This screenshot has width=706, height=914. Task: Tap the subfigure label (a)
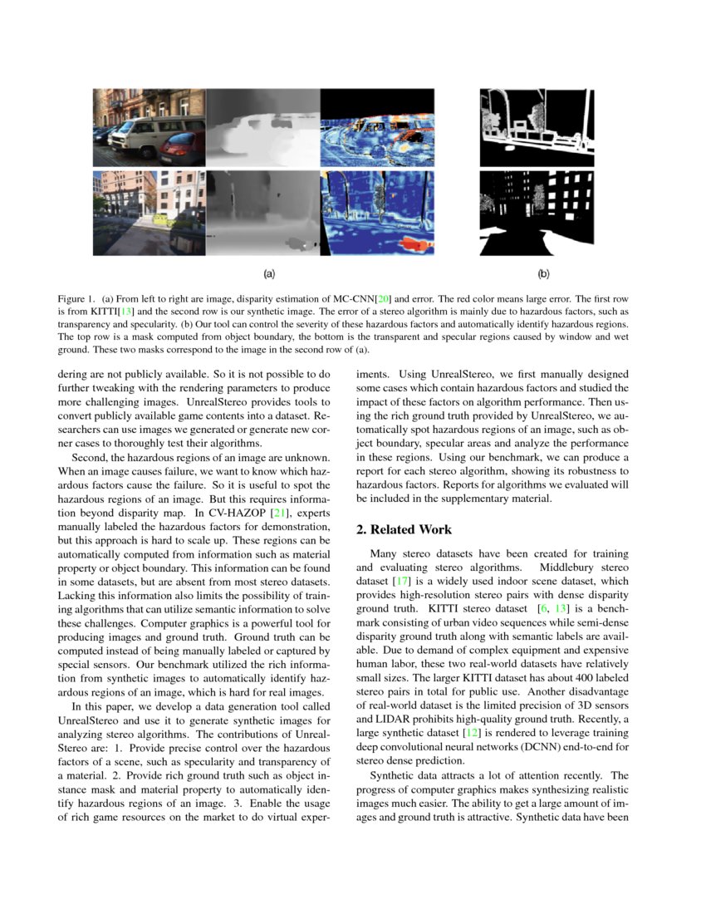(269, 273)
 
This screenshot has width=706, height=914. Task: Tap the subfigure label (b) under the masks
(543, 273)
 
